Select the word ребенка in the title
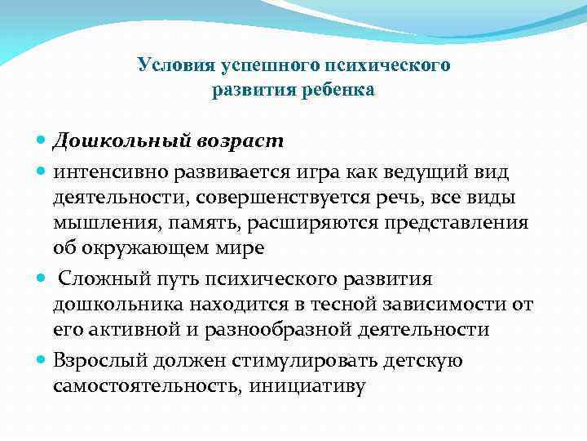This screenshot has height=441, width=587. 334,90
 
